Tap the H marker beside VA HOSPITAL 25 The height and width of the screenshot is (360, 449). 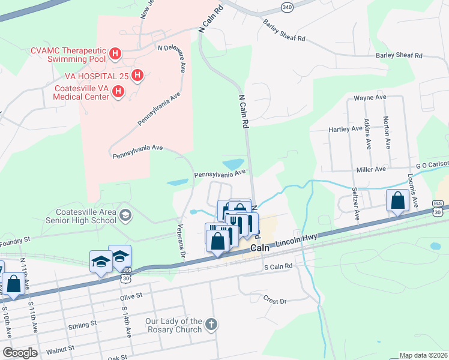click(137, 76)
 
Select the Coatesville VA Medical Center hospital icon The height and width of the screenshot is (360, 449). click(119, 92)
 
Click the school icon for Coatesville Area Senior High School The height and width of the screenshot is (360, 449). click(125, 215)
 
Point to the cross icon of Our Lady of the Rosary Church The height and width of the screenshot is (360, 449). click(211, 325)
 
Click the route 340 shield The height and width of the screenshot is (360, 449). click(286, 5)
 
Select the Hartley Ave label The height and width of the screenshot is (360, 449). click(345, 129)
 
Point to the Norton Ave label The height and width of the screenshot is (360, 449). click(387, 133)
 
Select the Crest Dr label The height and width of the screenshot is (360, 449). click(275, 298)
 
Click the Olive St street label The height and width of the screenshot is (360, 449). click(131, 296)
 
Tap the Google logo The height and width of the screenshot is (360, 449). click(19, 352)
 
